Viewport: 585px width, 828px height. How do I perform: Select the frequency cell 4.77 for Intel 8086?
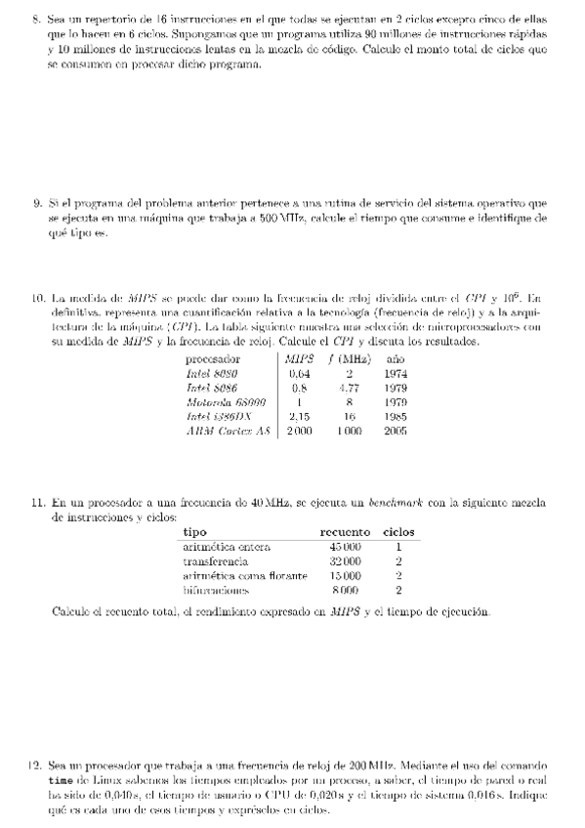[x=348, y=388]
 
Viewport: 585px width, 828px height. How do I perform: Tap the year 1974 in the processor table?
[x=396, y=373]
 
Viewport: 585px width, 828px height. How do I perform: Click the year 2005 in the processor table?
[x=396, y=430]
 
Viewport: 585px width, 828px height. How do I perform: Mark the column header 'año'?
[x=396, y=359]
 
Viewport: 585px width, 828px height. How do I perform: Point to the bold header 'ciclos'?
[x=399, y=532]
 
